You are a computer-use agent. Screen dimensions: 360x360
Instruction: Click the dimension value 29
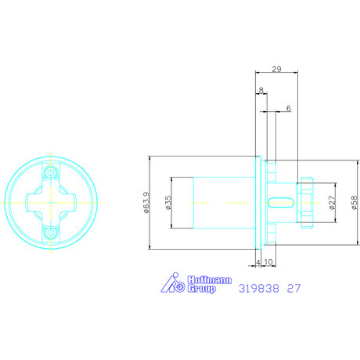[277, 70]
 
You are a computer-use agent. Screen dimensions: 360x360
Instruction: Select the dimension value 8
[261, 91]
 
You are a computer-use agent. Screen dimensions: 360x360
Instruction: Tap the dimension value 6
[288, 108]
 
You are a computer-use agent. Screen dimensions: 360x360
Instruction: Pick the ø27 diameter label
[332, 203]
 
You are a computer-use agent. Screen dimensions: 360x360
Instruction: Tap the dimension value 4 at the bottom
[257, 262]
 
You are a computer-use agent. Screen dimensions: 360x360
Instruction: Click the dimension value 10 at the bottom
[268, 262]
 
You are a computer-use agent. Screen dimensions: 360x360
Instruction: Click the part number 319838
[257, 287]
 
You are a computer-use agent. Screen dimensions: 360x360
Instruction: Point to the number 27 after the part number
[294, 287]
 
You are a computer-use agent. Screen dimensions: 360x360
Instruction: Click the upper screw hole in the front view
[52, 171]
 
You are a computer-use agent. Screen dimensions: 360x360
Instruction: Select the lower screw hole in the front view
[52, 232]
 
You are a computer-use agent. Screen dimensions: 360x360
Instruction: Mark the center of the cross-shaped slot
[52, 202]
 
